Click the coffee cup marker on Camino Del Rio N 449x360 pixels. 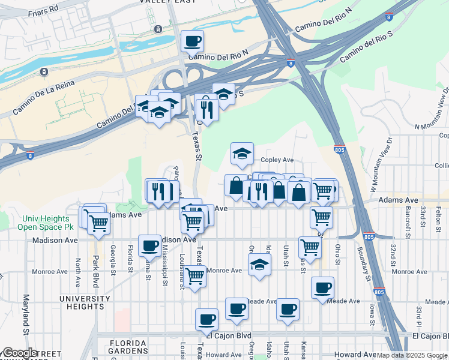click(192, 41)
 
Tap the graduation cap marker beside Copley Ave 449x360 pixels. click(242, 154)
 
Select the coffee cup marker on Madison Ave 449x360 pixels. click(149, 245)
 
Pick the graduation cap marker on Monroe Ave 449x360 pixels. click(259, 265)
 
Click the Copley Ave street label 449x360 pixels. click(277, 160)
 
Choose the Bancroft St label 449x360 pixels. click(408, 220)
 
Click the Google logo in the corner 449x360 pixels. click(20, 353)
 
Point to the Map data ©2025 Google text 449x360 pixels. click(411, 355)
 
